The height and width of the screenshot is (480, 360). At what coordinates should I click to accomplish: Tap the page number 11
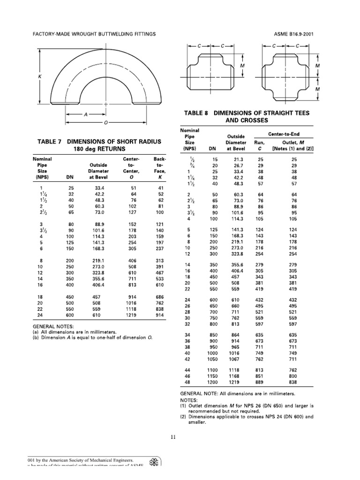click(173, 437)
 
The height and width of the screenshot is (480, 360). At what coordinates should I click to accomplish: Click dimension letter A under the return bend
click(86, 114)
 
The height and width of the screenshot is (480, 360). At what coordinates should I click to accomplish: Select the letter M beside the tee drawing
click(242, 66)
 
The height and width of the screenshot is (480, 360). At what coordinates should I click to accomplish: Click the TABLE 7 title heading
click(99, 145)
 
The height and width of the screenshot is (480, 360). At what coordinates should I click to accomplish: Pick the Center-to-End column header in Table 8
click(291, 134)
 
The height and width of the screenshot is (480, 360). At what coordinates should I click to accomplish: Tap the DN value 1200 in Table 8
click(213, 382)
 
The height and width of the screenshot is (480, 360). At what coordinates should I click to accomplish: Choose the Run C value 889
click(259, 382)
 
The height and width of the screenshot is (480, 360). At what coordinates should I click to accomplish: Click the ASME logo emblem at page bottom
click(154, 461)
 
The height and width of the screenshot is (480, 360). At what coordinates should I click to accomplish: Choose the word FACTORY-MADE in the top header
click(51, 34)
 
